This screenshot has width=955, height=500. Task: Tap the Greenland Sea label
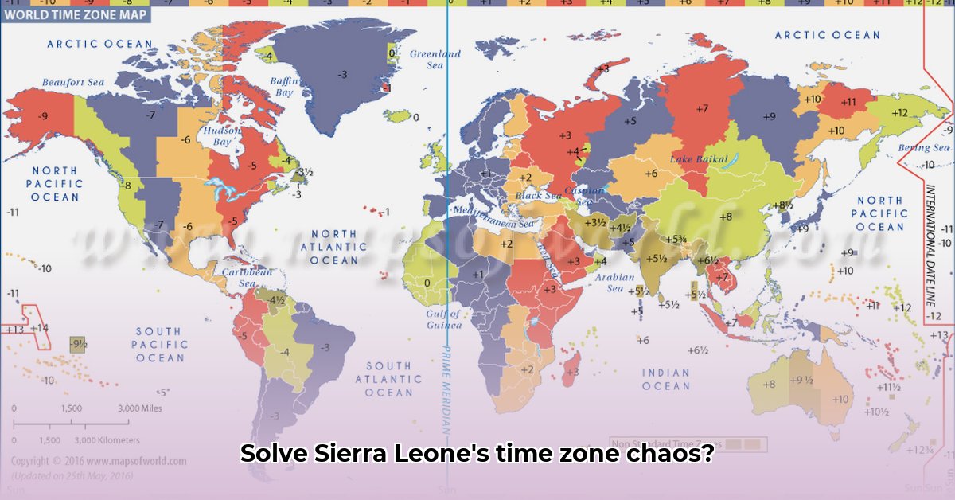pos(435,60)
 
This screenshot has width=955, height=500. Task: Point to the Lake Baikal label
pos(700,159)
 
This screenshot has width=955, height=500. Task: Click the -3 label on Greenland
pos(342,74)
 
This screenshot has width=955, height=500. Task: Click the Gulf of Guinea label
pos(443,319)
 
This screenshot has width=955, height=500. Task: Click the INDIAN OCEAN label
pos(666,379)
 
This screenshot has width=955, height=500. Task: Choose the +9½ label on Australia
pos(801,380)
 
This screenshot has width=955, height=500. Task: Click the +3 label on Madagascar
pos(572,372)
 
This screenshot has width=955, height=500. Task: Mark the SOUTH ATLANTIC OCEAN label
pos(389,379)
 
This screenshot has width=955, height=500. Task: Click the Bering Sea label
pos(924,148)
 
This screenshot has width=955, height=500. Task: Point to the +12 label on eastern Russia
pos(899,113)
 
